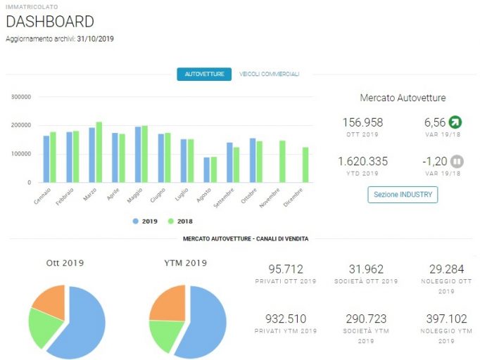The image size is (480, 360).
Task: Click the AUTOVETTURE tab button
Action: pos(204,74)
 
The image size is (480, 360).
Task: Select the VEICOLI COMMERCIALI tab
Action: pos(270,74)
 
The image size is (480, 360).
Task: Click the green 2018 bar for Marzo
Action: pos(99,152)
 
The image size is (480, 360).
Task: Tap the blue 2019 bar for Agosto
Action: pos(207,169)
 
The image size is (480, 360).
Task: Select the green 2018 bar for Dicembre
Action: pos(305,165)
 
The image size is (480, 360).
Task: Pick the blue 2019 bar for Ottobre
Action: pos(253,160)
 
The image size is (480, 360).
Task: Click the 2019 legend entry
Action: pos(145,221)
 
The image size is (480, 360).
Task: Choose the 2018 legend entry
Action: pos(180,221)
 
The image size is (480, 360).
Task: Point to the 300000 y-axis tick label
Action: pos(21,97)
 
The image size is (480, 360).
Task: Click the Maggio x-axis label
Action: pos(135,195)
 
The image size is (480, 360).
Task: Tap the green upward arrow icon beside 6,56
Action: pos(455,122)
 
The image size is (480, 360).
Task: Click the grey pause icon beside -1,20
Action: pos(457,161)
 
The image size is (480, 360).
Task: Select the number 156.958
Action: pos(362,122)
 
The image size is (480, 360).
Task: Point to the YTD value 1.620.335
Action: pos(362,161)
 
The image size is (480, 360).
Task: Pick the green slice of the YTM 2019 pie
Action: pos(165,334)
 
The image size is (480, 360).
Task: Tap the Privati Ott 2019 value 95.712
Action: pos(286,269)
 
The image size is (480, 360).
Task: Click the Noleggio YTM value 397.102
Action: pos(447,319)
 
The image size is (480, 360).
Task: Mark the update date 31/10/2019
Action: pos(95,39)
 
